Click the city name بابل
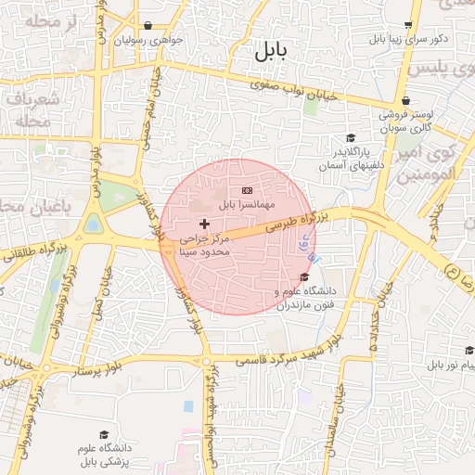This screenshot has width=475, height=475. (x=270, y=53)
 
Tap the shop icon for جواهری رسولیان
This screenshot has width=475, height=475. (x=149, y=26)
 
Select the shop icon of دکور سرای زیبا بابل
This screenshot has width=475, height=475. (x=408, y=25)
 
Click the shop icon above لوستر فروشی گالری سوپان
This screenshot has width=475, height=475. (x=405, y=102)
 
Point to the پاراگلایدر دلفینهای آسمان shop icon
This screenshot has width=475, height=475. (x=350, y=137)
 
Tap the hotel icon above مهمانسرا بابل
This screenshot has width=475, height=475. (x=246, y=190)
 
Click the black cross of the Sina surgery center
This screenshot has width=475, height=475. (x=204, y=224)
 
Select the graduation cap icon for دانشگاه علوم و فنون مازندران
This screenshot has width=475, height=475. (x=304, y=276)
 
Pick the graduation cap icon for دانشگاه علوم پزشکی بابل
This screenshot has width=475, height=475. (x=104, y=434)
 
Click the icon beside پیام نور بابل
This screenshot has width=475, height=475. (x=469, y=351)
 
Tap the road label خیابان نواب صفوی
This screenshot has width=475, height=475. (x=290, y=92)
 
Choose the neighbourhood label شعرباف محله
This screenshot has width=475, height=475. (x=33, y=109)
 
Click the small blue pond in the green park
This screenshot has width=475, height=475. (x=93, y=224)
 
